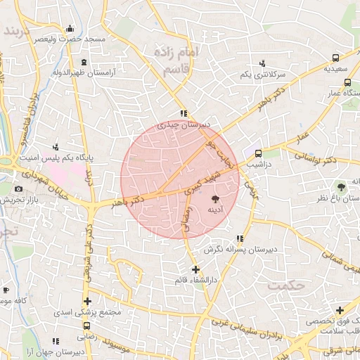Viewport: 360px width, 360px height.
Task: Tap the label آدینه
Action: point(215,210)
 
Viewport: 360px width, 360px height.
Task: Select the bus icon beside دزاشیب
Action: point(258,153)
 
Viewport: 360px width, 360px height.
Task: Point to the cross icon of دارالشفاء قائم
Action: point(195,269)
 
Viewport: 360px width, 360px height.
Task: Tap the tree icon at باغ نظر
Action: point(341,187)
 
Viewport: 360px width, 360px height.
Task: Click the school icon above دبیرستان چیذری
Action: point(183,113)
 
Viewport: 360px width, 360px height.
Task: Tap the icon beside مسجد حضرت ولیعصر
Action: point(70,29)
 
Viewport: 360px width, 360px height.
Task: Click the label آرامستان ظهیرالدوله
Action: point(89,72)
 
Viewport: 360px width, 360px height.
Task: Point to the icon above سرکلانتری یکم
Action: point(262,63)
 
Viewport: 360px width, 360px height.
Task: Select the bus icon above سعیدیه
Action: point(336,58)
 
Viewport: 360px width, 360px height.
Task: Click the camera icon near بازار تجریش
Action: point(18,189)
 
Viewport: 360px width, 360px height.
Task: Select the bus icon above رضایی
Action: point(86,326)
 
